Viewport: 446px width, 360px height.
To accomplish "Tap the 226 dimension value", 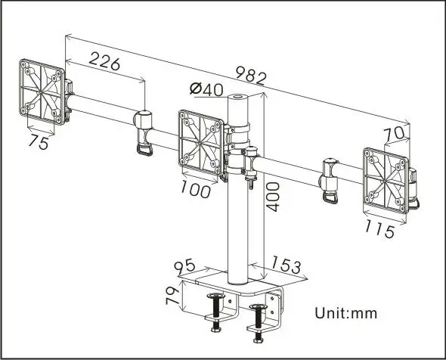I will (105, 63).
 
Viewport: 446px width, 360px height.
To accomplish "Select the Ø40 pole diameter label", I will (206, 89).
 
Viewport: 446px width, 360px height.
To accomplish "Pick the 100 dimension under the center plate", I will (196, 190).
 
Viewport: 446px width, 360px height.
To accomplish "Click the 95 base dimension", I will (184, 266).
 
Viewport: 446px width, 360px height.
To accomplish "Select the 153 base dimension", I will (286, 266).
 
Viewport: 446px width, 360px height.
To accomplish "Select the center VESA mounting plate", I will (202, 140).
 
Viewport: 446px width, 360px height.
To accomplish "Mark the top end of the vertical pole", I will (240, 96).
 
